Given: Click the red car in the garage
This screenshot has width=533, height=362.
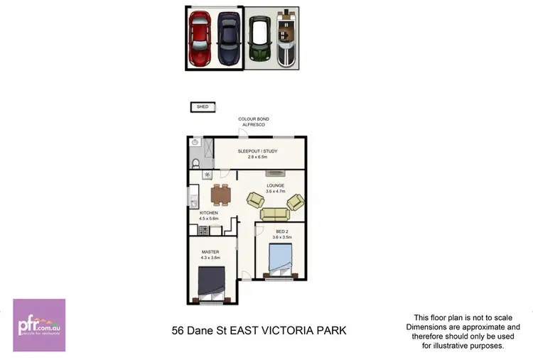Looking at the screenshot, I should click(200, 38).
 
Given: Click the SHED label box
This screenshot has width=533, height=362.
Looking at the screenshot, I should click(203, 107).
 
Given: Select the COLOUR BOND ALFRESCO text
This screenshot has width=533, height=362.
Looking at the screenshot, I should click(254, 121).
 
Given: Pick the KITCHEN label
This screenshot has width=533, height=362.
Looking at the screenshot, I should click(208, 214).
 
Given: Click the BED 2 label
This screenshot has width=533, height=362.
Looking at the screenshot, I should click(282, 232).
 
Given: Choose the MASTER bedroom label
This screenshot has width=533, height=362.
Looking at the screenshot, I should click(210, 253).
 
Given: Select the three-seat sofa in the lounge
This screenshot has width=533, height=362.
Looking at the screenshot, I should click(274, 214).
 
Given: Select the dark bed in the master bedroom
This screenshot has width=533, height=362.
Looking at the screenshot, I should click(211, 283).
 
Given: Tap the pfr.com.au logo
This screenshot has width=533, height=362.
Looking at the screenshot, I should click(39, 325).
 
